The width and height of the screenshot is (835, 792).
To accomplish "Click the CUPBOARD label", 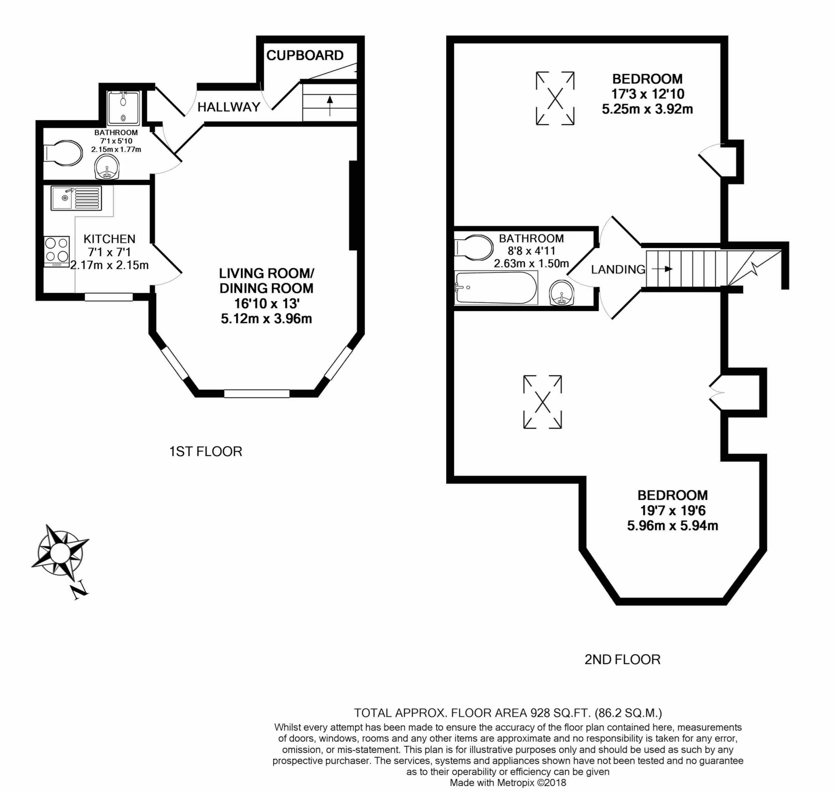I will click(x=304, y=56).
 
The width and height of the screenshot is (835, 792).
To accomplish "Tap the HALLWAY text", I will click(x=228, y=107).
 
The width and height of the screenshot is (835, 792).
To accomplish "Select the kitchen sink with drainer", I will click(x=76, y=198).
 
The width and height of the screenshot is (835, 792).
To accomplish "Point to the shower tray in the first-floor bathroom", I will click(x=124, y=108).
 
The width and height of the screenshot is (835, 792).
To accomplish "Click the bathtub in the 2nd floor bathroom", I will click(x=495, y=288).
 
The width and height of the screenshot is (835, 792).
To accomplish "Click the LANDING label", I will click(x=618, y=270).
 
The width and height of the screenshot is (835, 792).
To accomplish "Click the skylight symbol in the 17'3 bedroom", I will click(x=555, y=98).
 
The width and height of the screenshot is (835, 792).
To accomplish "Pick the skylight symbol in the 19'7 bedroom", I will click(x=542, y=402).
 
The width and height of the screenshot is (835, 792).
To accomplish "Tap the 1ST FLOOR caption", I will click(x=205, y=452).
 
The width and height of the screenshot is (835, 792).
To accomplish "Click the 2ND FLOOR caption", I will click(x=622, y=660).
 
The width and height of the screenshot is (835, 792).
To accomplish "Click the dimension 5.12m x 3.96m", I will click(x=266, y=319).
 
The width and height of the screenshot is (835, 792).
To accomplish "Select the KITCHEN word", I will click(x=109, y=239).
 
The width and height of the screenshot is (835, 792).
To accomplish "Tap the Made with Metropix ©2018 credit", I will click(x=508, y=783).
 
